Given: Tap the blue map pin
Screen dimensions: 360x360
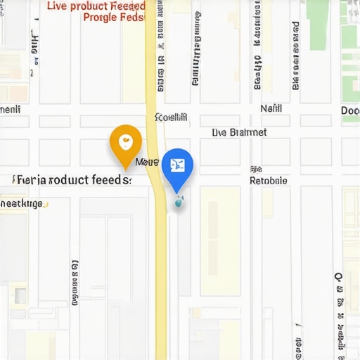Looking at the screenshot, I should (x=177, y=167).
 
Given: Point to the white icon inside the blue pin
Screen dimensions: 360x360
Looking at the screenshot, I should (x=177, y=165).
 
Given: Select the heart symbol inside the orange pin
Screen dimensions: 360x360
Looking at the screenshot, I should (x=126, y=141).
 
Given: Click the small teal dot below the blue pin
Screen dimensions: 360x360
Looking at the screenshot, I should (x=178, y=203).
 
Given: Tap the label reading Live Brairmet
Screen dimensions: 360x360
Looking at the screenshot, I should (x=239, y=132).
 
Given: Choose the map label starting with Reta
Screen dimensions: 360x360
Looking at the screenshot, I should (x=269, y=181).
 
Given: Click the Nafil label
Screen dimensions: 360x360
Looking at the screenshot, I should (x=271, y=109).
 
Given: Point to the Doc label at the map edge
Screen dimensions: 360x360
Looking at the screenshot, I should (x=350, y=110).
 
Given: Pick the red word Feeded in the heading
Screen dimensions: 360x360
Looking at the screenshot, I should (x=128, y=6).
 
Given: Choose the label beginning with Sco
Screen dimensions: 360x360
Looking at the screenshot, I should (x=171, y=117).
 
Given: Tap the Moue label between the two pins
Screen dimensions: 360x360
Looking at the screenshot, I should (x=147, y=162).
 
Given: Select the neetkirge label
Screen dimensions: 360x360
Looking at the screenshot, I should (x=21, y=204).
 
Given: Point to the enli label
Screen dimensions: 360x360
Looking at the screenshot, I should (x=10, y=110).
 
